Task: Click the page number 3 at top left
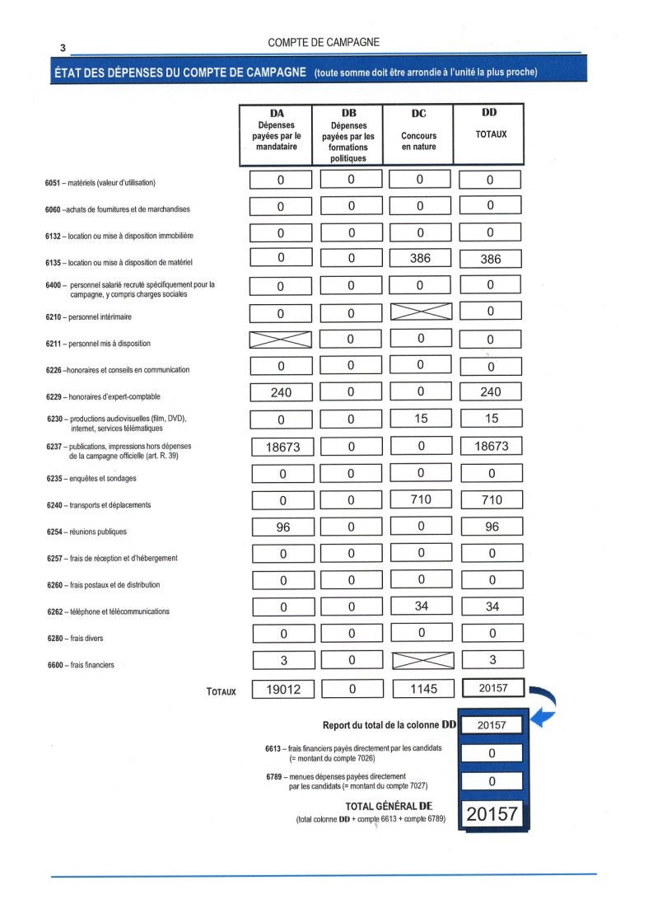pos(63,48)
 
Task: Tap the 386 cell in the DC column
pos(420,259)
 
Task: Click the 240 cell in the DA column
pos(281,392)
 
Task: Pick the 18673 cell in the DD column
pos(492,446)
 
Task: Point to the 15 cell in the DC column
pos(421,419)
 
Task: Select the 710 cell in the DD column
pos(492,499)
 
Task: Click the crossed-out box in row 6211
pos(281,340)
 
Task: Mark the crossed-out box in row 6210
pos(421,311)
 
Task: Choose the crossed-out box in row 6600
pos(421,660)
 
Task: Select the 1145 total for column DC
pos(422,689)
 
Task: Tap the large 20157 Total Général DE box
pos(492,813)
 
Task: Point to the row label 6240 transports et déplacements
pos(99,505)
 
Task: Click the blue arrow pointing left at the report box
pos(541,720)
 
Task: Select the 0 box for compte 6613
pos(492,753)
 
